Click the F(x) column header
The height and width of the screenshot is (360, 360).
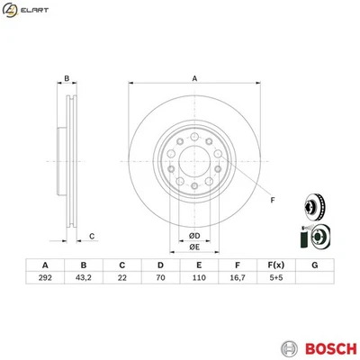[x=275, y=265]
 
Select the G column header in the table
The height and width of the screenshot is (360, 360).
[x=314, y=265]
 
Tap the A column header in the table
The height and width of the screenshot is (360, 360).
[x=45, y=265]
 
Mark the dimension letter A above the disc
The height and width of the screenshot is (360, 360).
[x=193, y=79]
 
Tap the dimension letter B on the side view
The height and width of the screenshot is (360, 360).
[x=66, y=79]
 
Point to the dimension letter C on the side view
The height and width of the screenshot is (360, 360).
[x=92, y=236]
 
